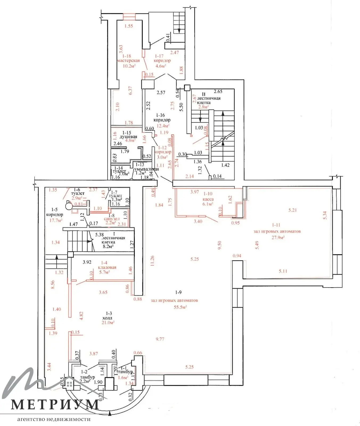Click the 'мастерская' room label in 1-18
tap(128, 61)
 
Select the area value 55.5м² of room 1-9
tap(180, 307)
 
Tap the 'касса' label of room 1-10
tap(208, 199)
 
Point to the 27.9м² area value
tap(278, 237)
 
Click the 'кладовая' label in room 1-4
tap(107, 267)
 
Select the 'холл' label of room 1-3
tap(107, 318)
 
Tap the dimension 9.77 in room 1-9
tap(160, 339)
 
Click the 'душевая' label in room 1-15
tap(128, 137)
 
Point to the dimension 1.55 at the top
tap(129, 26)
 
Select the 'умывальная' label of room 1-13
tap(146, 169)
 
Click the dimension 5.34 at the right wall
tap(325, 215)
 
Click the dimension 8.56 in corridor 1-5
tap(53, 285)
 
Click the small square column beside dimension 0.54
tap(187, 87)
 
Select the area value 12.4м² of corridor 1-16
tap(163, 126)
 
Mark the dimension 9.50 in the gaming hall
tap(219, 245)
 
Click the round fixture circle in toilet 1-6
tap(69, 206)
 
